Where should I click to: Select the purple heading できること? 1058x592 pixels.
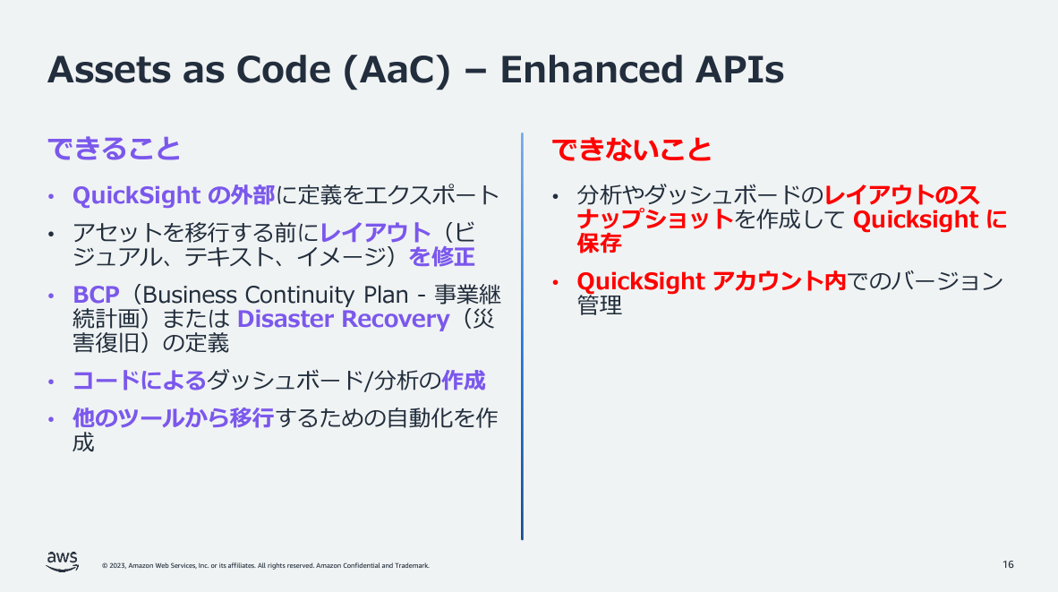click(x=114, y=149)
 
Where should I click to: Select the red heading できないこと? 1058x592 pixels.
click(x=631, y=149)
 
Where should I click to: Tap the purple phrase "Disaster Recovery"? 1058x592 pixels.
click(x=343, y=319)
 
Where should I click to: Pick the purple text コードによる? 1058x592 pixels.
click(x=139, y=381)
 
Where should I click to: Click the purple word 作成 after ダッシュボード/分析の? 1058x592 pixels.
click(x=464, y=381)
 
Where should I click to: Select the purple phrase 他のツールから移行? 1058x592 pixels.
click(x=173, y=418)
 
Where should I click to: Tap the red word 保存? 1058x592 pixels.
click(x=599, y=243)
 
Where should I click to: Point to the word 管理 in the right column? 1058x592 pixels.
click(x=599, y=305)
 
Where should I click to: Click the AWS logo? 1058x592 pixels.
click(x=62, y=561)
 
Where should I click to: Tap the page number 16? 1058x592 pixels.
click(x=1008, y=564)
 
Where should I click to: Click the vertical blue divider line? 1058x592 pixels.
click(x=522, y=336)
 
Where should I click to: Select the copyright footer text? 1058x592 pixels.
click(x=266, y=566)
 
